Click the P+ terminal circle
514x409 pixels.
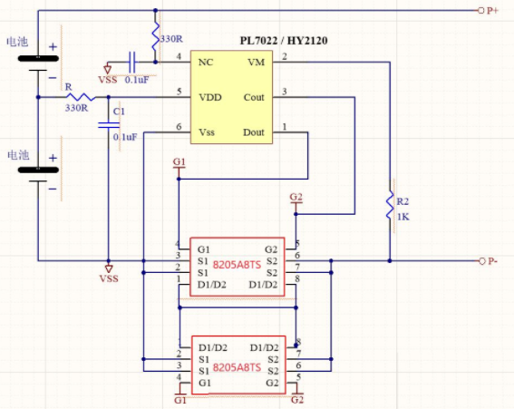coord(480,11)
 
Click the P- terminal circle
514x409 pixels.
coord(481,261)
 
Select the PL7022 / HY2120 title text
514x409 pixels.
coord(284,41)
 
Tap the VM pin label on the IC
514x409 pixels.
coord(256,62)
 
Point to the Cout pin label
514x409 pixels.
coord(254,97)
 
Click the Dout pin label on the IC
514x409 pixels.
coord(254,132)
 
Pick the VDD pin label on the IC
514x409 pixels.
coord(210,97)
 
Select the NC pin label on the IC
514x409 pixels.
coord(206,62)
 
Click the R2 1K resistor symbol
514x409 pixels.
coord(390,206)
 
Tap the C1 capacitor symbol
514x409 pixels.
coord(109,125)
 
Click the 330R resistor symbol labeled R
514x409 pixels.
coord(81,97)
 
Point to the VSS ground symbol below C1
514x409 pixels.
coord(109,268)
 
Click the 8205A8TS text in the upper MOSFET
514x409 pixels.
coord(237,265)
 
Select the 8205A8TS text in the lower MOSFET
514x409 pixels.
coord(237,367)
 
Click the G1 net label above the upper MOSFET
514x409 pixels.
coord(179,161)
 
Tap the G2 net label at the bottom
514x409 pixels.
coord(297,400)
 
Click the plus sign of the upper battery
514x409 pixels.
coord(53,47)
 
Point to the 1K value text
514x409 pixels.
coord(403,217)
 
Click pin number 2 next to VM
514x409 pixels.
coord(285,56)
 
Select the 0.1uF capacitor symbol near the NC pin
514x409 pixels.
coord(132,62)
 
